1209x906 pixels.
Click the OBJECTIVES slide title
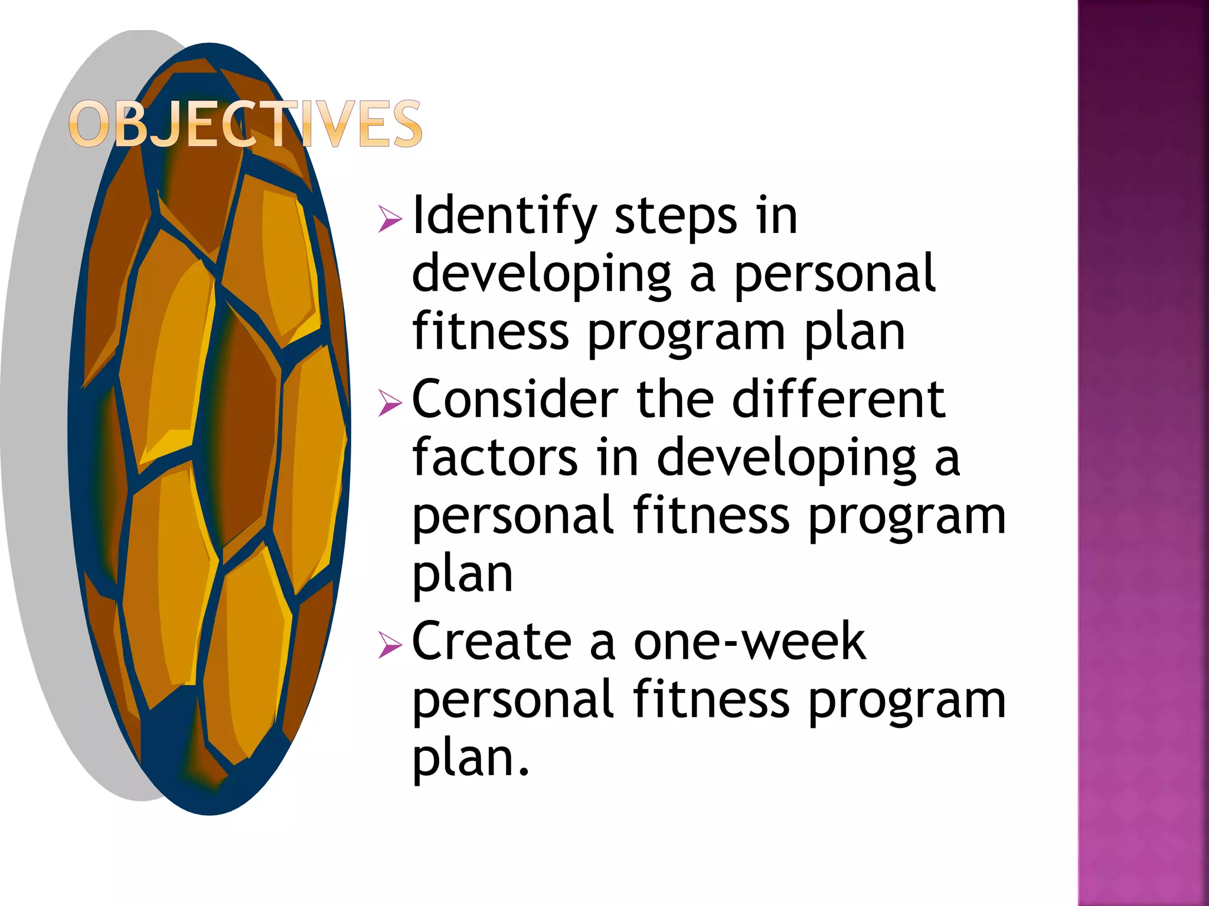tap(245, 124)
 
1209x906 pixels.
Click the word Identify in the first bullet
tap(504, 216)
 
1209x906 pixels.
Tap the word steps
tap(676, 216)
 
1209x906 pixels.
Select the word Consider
tap(514, 400)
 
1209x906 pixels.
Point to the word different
tap(838, 400)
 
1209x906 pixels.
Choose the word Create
tap(491, 642)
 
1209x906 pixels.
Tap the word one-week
tap(749, 642)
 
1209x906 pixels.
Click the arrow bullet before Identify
tap(390, 219)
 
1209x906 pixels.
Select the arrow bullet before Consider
tap(390, 403)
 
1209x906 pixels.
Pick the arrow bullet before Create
tap(390, 645)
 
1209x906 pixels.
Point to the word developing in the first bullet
tap(541, 274)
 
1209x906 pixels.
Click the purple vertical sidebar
tap(1143, 453)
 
